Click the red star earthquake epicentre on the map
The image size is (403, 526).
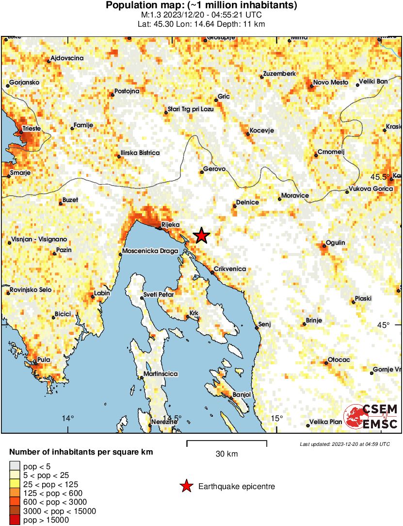tap(201, 236)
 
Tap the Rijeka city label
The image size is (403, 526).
tap(170, 224)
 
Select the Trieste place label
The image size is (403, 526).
tap(30, 128)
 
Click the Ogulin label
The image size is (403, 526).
tap(335, 242)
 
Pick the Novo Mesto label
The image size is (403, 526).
tap(330, 82)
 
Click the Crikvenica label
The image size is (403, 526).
tap(230, 269)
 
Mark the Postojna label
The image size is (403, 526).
tap(127, 91)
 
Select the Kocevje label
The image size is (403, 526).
tap(262, 131)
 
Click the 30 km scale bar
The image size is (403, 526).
tap(226, 442)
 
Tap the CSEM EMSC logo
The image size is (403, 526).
tap(371, 417)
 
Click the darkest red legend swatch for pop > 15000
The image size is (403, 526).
tap(15, 520)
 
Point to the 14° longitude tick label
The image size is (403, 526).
tap(68, 418)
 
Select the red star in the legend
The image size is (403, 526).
tap(186, 486)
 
